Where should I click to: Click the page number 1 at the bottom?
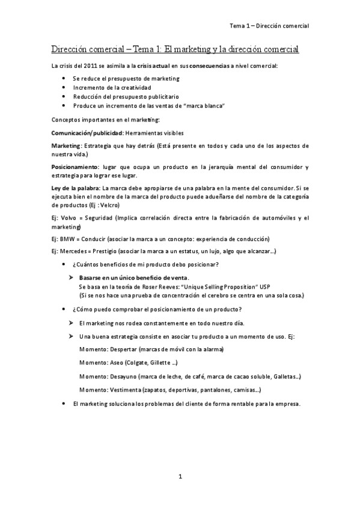180,476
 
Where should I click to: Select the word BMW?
68,238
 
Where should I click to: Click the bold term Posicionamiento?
74,166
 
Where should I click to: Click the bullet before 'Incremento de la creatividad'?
64,87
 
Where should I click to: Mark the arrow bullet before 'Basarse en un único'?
71,277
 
